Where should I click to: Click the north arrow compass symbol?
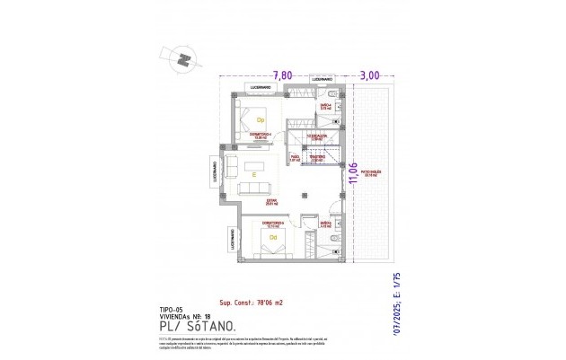pos(184,59)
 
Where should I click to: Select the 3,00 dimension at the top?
pos(370,75)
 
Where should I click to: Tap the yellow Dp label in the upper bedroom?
pos(261,119)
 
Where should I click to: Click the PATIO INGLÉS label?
pos(373,172)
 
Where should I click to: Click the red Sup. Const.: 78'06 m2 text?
pos(256,303)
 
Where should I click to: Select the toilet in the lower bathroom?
pos(333,240)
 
